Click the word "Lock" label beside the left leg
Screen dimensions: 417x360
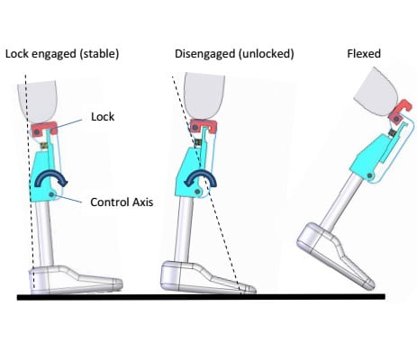(x=103, y=116)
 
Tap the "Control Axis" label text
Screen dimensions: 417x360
(x=122, y=202)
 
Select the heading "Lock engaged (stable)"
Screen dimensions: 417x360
(x=62, y=54)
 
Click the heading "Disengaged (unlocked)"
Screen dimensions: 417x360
(x=234, y=54)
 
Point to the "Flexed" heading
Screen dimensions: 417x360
(x=364, y=54)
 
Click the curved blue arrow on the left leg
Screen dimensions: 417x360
(x=51, y=175)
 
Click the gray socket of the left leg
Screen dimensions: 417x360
(x=39, y=101)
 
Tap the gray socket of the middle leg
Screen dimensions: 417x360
(x=204, y=94)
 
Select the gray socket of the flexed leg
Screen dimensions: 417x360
(x=376, y=92)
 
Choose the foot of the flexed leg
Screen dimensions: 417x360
(x=336, y=255)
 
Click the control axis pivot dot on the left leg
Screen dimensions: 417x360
(x=52, y=195)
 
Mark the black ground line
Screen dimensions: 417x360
(x=201, y=297)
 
